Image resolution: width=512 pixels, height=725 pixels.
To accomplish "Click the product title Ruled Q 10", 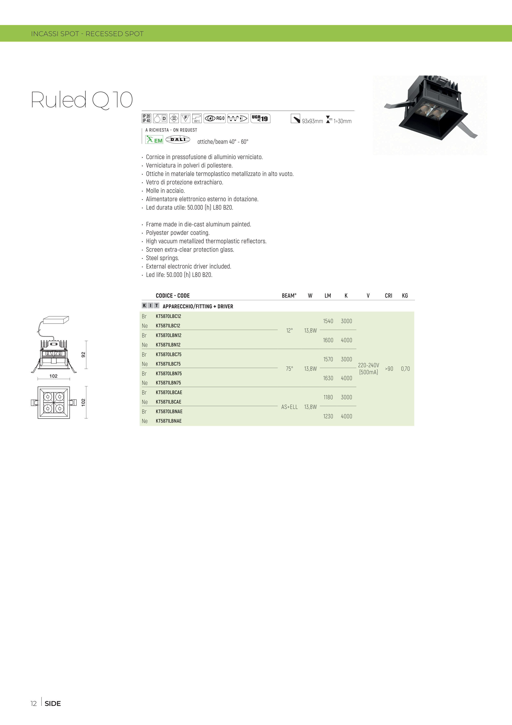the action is pos(82,100).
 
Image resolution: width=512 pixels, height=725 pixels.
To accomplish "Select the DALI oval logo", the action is pos(178,139).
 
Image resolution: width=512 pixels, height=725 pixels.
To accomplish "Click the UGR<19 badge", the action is pos(260,118).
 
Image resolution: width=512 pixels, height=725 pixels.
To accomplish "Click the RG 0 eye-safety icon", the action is pos(214,118).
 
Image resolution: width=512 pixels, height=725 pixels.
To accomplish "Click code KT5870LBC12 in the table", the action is pos(169,316).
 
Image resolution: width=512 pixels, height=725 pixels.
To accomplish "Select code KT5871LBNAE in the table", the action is pos(169,421).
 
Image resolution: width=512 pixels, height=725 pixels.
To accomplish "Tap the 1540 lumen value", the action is pos(328,321).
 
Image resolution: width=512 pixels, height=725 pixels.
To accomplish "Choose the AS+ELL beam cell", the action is pos(290,407).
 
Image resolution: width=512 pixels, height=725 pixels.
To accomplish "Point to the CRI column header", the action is pos(389,296).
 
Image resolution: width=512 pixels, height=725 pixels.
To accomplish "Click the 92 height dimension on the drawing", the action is pos(83,355).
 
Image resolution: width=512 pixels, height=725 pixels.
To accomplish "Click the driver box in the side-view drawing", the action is pos(56,320).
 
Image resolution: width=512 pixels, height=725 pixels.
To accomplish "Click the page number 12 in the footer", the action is pos(33,703).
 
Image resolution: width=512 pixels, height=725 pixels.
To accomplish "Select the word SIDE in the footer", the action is pos(53,703).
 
